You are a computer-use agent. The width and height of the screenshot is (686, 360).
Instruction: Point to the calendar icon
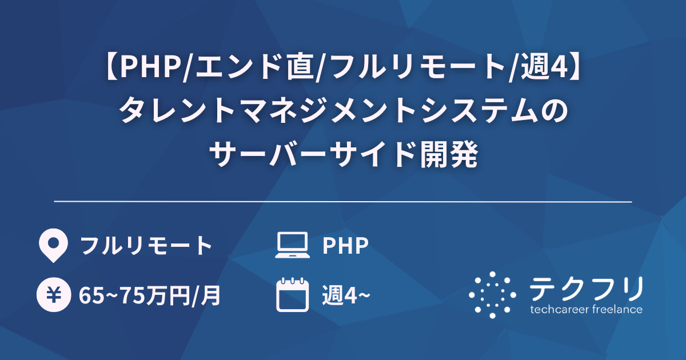292,295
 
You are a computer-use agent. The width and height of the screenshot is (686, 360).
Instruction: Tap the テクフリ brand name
585,289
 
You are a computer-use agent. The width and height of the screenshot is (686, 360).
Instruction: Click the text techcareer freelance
586,310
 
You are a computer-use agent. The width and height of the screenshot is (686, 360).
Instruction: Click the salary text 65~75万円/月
150,297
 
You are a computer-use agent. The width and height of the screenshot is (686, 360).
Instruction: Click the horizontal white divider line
343,202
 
